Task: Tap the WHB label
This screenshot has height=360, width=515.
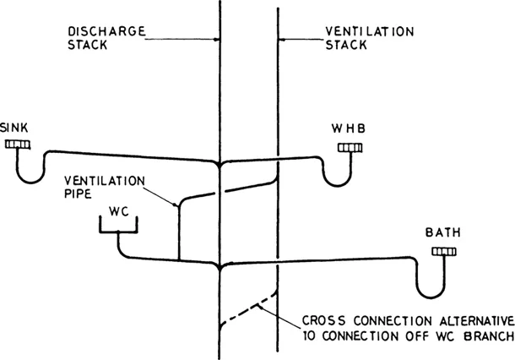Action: click(x=350, y=128)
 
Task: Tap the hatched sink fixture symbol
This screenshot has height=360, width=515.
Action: click(x=18, y=145)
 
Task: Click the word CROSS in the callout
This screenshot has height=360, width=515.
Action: click(x=323, y=322)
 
